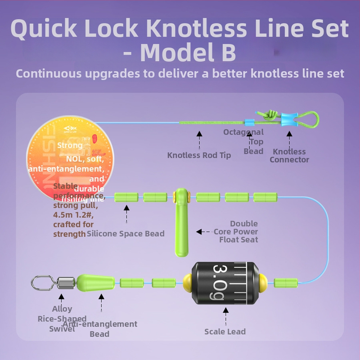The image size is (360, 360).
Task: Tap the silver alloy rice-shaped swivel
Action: click(x=49, y=283)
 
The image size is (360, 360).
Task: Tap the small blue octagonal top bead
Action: click(x=247, y=122)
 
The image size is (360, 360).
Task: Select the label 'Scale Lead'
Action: click(x=225, y=332)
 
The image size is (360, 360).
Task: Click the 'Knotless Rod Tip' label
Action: click(x=199, y=155)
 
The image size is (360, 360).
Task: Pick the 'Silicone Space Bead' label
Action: click(x=126, y=234)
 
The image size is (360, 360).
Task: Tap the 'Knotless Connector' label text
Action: click(x=289, y=156)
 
